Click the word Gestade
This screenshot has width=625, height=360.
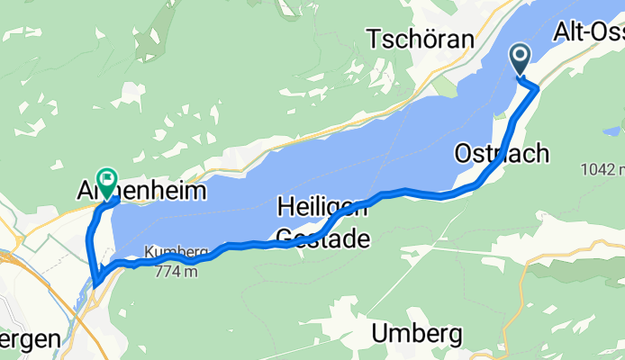(322, 238)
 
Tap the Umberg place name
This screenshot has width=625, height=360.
(418, 334)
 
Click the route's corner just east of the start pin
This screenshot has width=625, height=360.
(538, 88)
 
